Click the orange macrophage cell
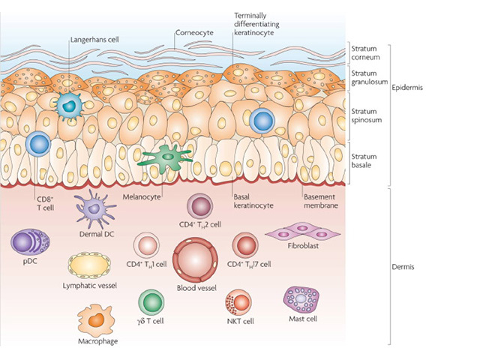coord(95,321)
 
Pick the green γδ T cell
coord(152,302)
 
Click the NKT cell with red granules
coord(239,303)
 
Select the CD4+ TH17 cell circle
coord(244,244)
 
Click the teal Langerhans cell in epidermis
coord(69,106)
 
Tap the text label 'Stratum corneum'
coord(369,54)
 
